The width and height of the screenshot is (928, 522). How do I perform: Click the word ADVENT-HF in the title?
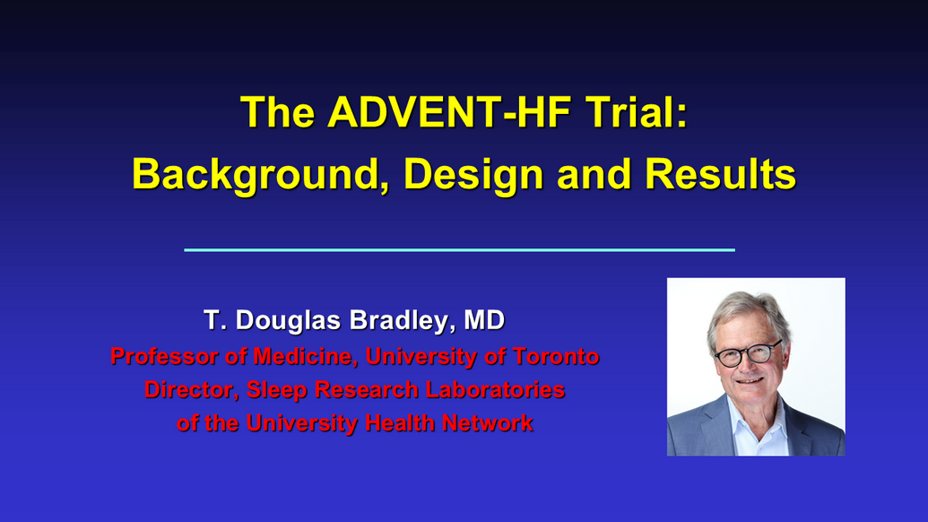(x=449, y=112)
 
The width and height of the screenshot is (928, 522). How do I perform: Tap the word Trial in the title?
(x=637, y=112)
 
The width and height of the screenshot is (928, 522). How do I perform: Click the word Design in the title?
(x=473, y=175)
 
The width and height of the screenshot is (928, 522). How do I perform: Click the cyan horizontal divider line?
(x=459, y=249)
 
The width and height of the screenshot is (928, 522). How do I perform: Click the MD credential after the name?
(x=484, y=319)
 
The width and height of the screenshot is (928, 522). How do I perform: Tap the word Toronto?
(x=556, y=356)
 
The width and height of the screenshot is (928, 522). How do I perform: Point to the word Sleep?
(x=276, y=390)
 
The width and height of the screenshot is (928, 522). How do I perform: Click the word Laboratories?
(x=495, y=389)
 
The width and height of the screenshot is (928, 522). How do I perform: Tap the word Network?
(x=487, y=422)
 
